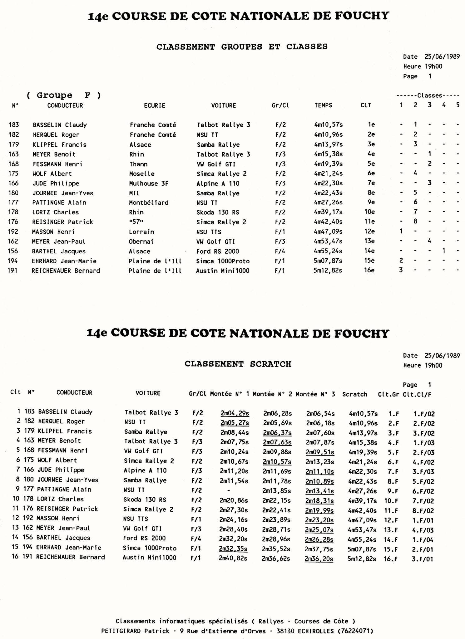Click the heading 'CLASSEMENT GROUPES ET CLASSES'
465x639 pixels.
click(x=242, y=47)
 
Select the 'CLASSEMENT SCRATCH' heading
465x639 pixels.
click(x=238, y=364)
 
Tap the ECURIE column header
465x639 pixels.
click(x=155, y=105)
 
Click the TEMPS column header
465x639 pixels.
click(x=323, y=105)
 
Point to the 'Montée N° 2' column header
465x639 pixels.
click(x=272, y=394)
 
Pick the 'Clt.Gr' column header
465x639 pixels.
click(x=388, y=394)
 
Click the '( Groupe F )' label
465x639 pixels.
click(x=64, y=95)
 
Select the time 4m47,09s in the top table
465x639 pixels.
click(x=328, y=232)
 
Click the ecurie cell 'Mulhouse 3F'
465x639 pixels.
click(x=149, y=183)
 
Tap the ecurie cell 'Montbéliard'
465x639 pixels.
click(x=149, y=203)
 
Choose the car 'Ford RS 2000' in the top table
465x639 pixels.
click(x=218, y=251)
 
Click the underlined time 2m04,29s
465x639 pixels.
click(x=235, y=413)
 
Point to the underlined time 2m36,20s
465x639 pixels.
click(x=319, y=559)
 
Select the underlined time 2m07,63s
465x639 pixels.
click(x=277, y=442)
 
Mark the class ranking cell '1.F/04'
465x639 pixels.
click(x=423, y=540)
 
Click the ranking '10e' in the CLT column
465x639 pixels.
click(x=369, y=212)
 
